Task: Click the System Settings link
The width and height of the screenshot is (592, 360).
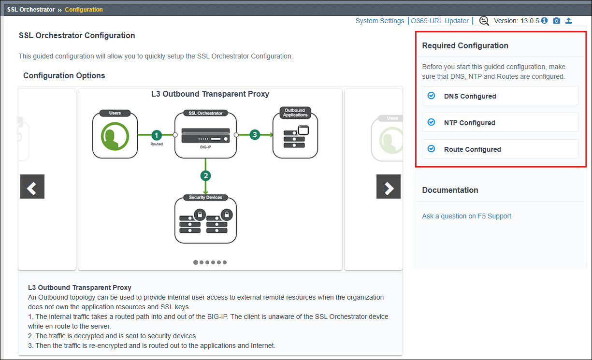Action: tap(379, 21)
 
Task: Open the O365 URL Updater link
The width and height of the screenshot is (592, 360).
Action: tap(439, 21)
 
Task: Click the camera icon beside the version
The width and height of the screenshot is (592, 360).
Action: tap(556, 21)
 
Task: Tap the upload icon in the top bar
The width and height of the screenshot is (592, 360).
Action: tap(569, 21)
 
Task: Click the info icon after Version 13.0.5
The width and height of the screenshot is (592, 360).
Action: tap(545, 20)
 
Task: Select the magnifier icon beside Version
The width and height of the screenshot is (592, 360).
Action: tap(484, 21)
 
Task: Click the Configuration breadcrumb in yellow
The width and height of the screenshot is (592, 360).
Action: tap(84, 10)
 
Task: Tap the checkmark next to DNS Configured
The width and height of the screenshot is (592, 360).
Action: tap(431, 96)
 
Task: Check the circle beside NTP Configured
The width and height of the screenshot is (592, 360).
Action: tap(431, 122)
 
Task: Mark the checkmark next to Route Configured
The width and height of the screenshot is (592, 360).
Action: tap(431, 149)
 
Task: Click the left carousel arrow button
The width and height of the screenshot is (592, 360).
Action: tap(32, 187)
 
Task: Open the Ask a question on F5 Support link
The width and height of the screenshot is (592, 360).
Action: tap(466, 216)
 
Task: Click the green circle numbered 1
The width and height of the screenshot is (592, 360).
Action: tap(157, 135)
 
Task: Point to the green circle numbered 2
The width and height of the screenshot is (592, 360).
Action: tap(205, 176)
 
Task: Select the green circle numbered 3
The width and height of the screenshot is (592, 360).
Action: tap(255, 135)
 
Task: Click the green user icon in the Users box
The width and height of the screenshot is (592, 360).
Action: tap(115, 136)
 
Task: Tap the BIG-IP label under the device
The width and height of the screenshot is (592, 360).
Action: tap(205, 147)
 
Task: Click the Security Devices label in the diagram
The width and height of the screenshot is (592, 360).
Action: tap(205, 198)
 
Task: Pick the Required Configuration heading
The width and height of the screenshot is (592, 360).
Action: tap(465, 46)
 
